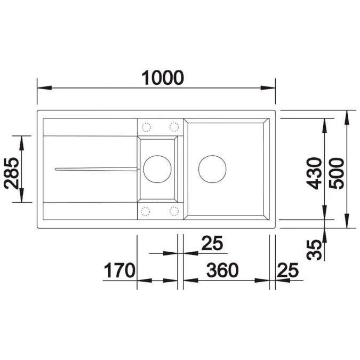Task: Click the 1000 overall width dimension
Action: (163, 78)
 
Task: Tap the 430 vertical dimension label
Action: (315, 173)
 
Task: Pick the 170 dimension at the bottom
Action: (119, 270)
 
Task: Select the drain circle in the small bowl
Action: (157, 169)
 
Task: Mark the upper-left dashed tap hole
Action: (146, 126)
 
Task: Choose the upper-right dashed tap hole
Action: (174, 126)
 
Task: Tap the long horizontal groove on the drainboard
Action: (96, 169)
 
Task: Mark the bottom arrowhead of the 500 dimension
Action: (347, 224)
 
